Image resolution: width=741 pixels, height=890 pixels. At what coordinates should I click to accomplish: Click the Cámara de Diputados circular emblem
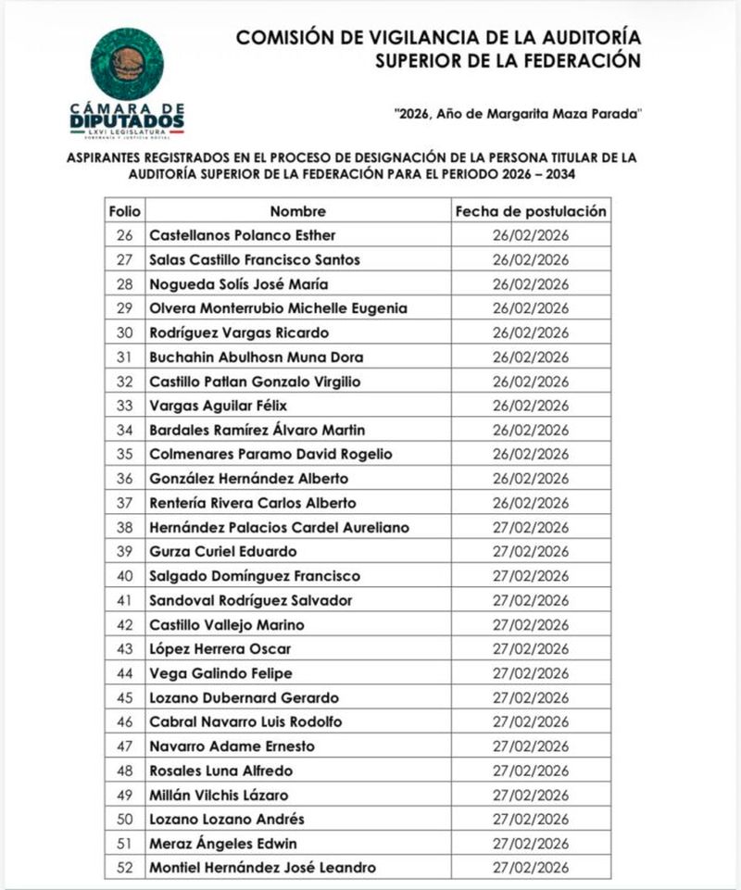pyautogui.click(x=127, y=64)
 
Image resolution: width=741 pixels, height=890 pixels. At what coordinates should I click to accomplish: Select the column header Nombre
pyautogui.click(x=298, y=211)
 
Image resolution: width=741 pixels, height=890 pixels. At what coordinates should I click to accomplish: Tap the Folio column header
pyautogui.click(x=124, y=211)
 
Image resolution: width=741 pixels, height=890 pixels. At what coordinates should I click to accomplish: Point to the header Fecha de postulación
pyautogui.click(x=531, y=211)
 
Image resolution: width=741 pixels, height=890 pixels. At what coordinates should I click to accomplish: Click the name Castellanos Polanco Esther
pyautogui.click(x=243, y=235)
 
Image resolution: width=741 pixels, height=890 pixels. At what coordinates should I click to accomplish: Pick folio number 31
pyautogui.click(x=124, y=357)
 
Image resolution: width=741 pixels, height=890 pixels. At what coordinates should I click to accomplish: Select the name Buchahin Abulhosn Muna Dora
pyautogui.click(x=257, y=357)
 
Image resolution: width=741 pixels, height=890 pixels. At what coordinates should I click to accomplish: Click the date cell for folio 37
pyautogui.click(x=531, y=503)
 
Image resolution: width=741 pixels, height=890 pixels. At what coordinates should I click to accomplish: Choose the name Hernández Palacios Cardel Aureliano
pyautogui.click(x=279, y=527)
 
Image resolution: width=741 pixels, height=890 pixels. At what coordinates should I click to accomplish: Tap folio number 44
pyautogui.click(x=124, y=673)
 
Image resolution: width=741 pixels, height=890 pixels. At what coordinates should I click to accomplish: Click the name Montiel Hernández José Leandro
pyautogui.click(x=263, y=868)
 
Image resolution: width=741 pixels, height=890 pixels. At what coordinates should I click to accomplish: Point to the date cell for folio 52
pyautogui.click(x=531, y=868)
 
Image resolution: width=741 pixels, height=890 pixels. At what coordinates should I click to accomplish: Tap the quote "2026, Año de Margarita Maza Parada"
pyautogui.click(x=517, y=114)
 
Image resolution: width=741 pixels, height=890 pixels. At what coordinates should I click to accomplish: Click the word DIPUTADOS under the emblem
pyautogui.click(x=127, y=120)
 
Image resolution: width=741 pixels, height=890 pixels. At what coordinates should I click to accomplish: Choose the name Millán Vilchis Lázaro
pyautogui.click(x=219, y=795)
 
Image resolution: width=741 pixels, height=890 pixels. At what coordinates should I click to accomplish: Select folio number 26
pyautogui.click(x=124, y=235)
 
